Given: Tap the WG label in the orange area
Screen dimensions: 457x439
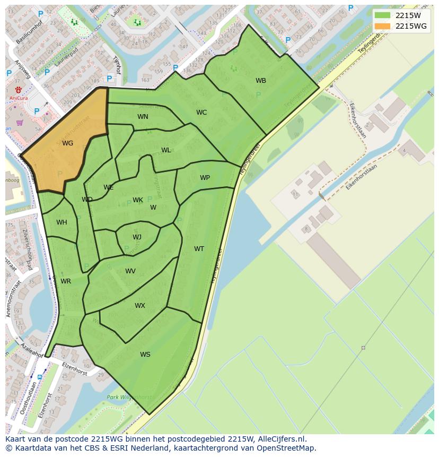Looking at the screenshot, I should click(67, 143).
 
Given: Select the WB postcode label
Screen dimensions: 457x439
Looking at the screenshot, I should click(261, 81).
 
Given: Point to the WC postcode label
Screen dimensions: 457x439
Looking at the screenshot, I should click(201, 113).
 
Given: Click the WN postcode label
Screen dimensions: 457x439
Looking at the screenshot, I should click(143, 117).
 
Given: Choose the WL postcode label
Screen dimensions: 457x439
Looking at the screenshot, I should click(166, 150).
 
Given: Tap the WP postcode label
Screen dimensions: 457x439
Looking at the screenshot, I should click(205, 178).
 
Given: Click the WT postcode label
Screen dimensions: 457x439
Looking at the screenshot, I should click(199, 249).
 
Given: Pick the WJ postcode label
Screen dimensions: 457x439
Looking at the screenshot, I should click(137, 237).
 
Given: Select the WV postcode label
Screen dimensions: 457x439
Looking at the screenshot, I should click(130, 271).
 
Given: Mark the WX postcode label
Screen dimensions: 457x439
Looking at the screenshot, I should click(139, 306).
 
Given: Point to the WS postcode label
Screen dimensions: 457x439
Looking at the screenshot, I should click(145, 355).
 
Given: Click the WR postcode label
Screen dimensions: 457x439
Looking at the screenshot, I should click(66, 281).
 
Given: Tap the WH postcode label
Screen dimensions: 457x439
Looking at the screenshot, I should click(62, 222).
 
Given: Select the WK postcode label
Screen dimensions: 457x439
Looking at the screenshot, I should click(138, 200).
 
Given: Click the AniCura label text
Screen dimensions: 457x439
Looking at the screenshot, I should click(18, 98).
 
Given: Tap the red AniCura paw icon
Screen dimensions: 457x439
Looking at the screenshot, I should click(18, 89).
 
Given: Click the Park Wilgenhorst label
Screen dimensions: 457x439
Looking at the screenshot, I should click(129, 397).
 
